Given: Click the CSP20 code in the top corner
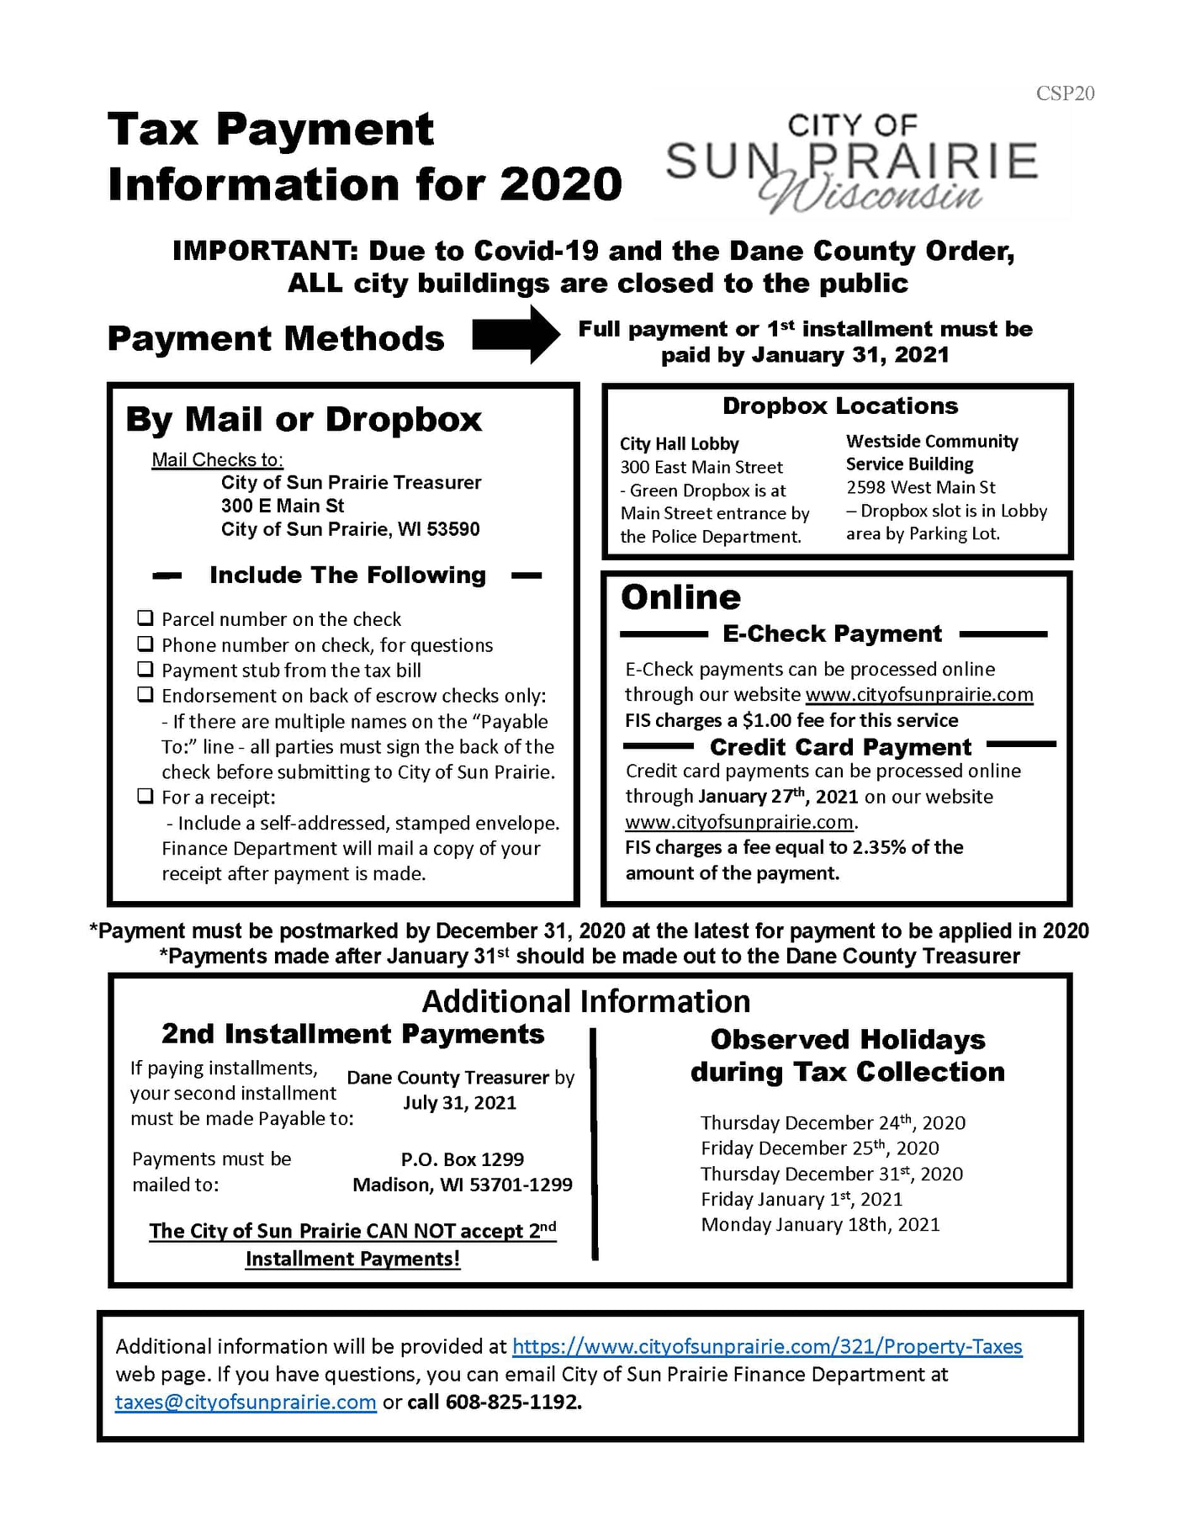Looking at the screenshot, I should coord(1065,93).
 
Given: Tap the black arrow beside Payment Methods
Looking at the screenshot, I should coord(516,335).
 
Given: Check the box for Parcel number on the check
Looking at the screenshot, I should coord(146,618).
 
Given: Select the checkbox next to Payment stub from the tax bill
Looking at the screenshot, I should coord(146,670).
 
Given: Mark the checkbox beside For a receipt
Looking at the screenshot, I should coord(146,796).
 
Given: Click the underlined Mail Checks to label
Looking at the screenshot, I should coord(217,459).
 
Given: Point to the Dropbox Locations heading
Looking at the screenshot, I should coord(839,406).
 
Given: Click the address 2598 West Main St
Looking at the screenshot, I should coord(920,487).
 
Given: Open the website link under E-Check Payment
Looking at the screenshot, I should coord(918,695).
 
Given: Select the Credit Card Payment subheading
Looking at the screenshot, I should coord(839,747).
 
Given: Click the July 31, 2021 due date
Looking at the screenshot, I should coord(459,1103).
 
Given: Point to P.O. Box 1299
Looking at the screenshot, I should coord(462,1159).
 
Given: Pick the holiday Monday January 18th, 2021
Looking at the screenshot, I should coord(820,1225).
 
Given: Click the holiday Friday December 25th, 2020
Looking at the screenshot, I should coord(819,1148).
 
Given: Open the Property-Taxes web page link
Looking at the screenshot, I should coord(766,1347).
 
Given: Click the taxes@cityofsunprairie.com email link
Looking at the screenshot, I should coord(246,1402).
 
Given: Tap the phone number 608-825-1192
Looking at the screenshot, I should coord(512,1402).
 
